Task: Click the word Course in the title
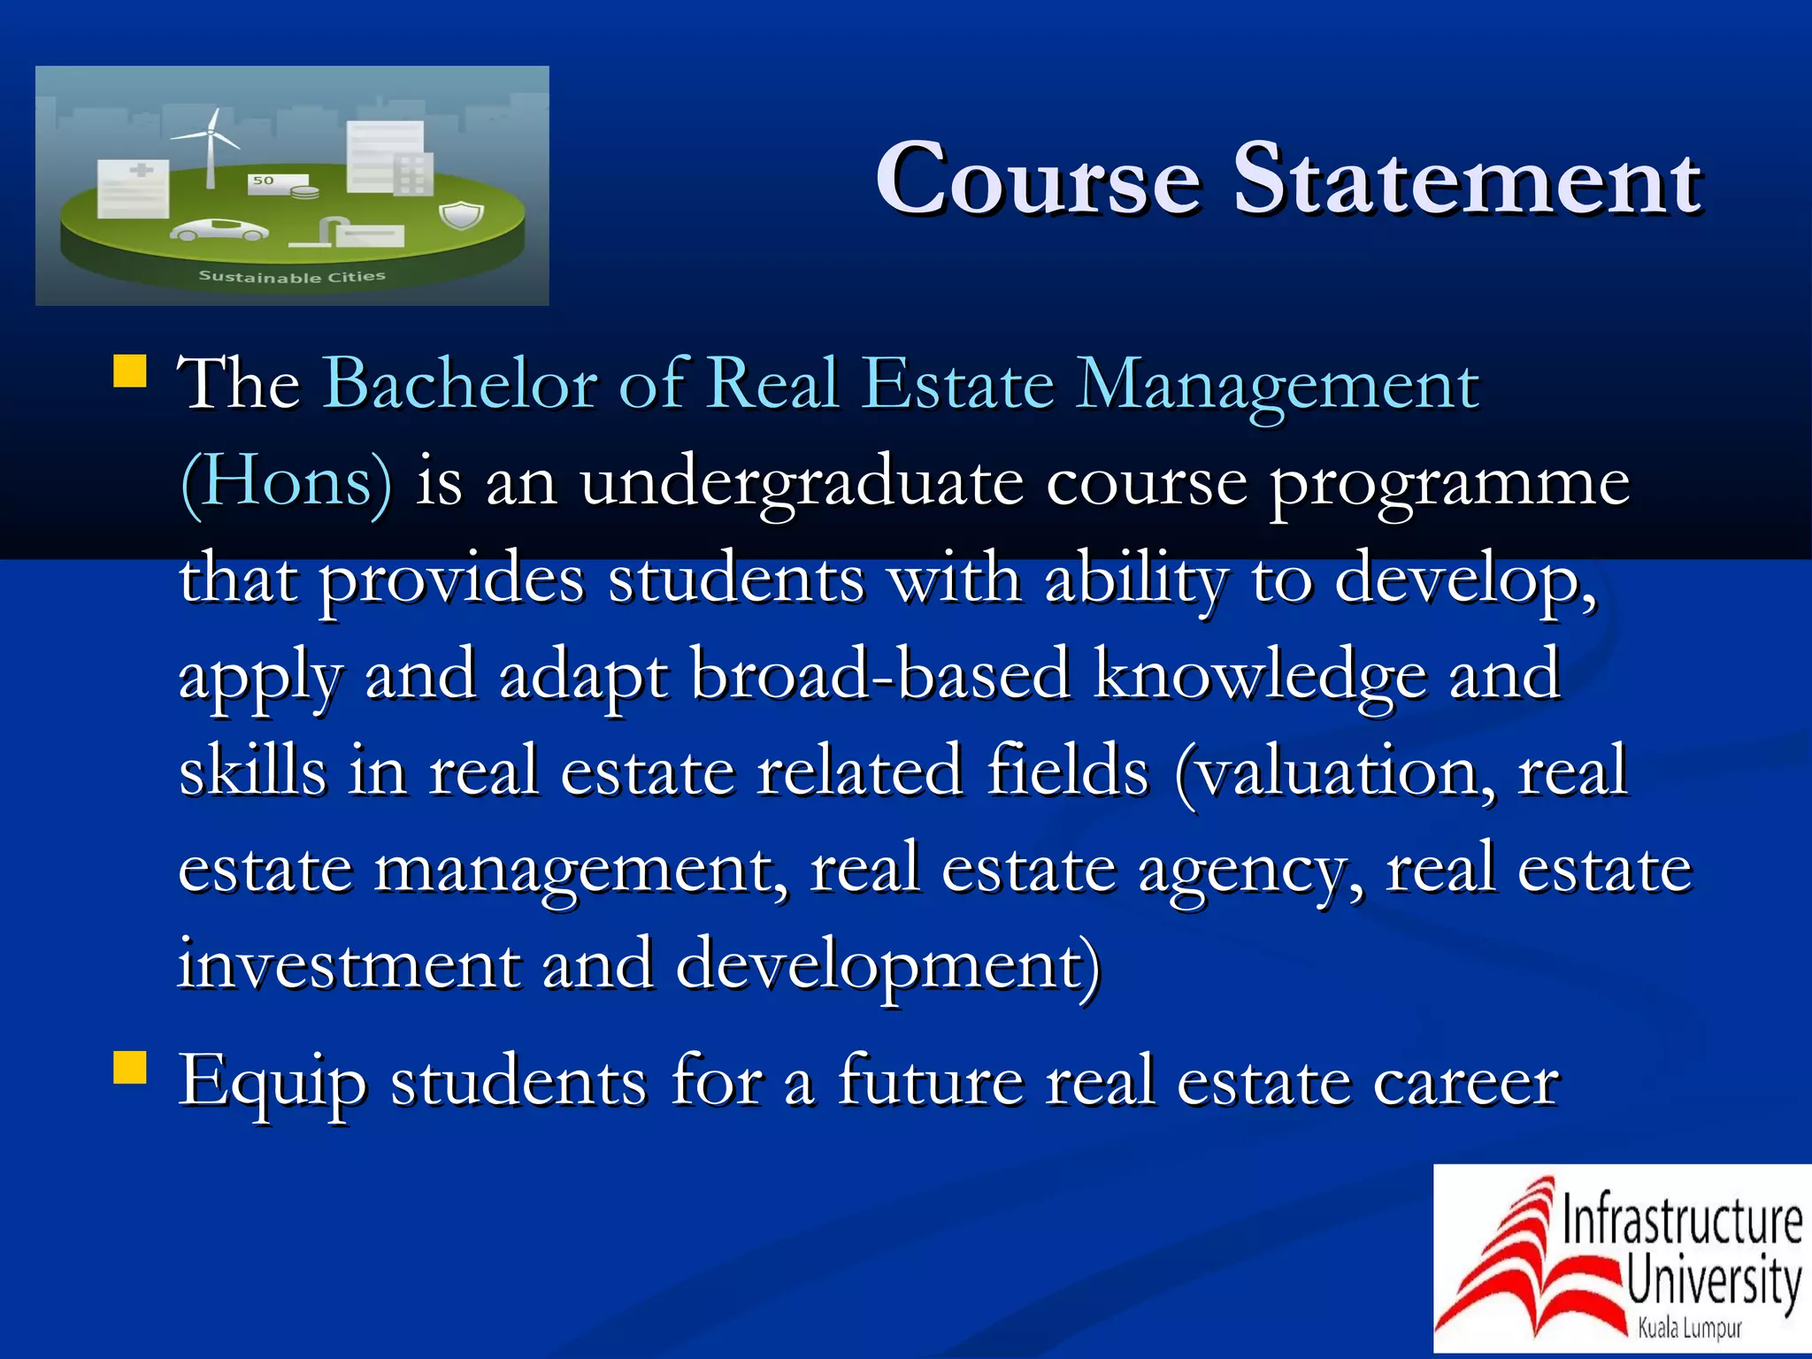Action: [x=1039, y=180]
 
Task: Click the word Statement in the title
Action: [x=1466, y=180]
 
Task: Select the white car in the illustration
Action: [x=219, y=231]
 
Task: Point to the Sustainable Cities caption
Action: [x=292, y=277]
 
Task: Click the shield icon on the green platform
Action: [x=461, y=215]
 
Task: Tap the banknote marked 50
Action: [x=265, y=181]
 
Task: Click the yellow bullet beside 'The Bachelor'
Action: [x=130, y=372]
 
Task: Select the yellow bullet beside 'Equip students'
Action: [x=130, y=1067]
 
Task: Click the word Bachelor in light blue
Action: [x=460, y=385]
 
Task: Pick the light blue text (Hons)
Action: [x=285, y=482]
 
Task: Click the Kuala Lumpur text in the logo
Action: [x=1689, y=1328]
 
